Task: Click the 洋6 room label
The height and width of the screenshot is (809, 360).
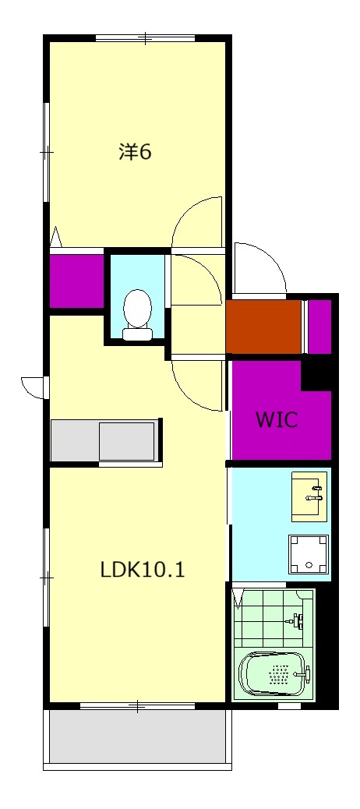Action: click(x=135, y=152)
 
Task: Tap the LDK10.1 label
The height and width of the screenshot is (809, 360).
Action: click(x=143, y=570)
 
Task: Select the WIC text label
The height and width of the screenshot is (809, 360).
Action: click(x=277, y=420)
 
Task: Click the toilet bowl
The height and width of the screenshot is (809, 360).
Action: click(x=138, y=308)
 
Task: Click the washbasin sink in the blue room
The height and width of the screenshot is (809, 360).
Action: click(x=309, y=496)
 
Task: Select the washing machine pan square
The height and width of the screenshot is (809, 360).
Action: click(x=309, y=555)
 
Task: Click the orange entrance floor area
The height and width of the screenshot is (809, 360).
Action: click(x=263, y=326)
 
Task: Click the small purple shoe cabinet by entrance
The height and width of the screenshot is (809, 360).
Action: click(x=319, y=326)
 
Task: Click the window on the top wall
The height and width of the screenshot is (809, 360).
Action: click(x=146, y=37)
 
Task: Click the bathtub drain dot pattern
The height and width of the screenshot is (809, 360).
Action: click(x=279, y=674)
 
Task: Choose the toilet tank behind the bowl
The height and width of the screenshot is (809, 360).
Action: click(x=138, y=334)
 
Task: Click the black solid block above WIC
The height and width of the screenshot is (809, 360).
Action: click(x=316, y=373)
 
